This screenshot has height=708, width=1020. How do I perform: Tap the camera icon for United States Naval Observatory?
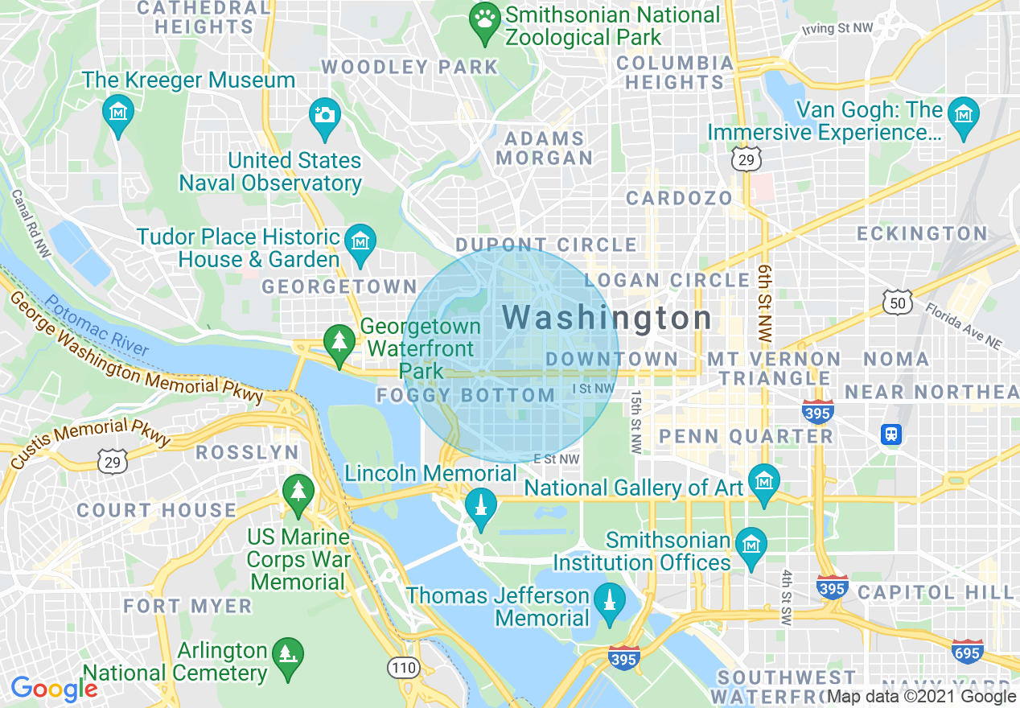click(325, 113)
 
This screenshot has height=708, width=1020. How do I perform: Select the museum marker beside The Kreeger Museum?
click(118, 111)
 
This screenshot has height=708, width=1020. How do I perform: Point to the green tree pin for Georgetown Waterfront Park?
click(339, 341)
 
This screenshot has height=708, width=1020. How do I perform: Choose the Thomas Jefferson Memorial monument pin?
click(610, 599)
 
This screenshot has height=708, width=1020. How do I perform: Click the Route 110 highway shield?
click(402, 666)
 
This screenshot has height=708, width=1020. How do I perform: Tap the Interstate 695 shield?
click(966, 650)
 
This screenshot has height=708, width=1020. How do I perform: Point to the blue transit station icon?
click(890, 434)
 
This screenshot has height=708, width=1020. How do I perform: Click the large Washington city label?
click(607, 318)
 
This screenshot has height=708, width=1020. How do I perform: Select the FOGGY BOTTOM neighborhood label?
click(466, 396)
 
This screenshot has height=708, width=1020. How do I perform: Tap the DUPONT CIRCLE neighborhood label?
click(546, 245)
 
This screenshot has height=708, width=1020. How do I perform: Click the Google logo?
click(54, 689)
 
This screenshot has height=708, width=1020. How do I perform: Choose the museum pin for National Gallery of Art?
click(763, 481)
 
